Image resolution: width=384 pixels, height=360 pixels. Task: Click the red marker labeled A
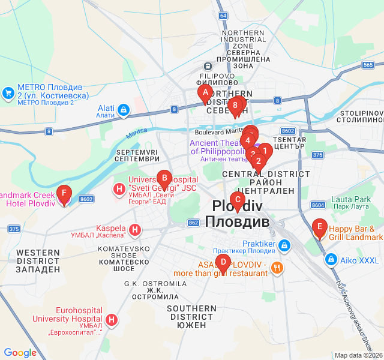tap(205, 93)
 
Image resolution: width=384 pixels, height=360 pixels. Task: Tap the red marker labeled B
tap(163, 178)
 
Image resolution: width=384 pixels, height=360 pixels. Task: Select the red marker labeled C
tap(238, 200)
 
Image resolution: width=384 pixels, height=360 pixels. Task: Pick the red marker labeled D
tap(223, 262)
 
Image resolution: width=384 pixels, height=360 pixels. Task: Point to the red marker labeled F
tap(64, 194)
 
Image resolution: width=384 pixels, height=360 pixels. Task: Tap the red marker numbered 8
tap(235, 106)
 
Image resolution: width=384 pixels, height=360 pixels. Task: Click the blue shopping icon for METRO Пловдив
tap(8, 92)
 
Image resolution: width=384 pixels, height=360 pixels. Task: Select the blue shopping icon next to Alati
tap(123, 110)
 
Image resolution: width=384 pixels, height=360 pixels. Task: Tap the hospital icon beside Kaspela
tap(136, 229)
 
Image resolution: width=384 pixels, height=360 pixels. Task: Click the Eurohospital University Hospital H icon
tap(112, 320)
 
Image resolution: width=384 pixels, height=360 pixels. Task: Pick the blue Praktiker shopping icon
tap(284, 245)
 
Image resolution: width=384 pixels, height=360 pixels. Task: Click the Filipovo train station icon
tap(207, 67)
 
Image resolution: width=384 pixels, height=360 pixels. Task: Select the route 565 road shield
tap(368, 65)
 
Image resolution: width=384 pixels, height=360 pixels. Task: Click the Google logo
tap(20, 353)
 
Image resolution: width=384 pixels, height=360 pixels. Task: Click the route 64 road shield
tap(223, 15)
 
